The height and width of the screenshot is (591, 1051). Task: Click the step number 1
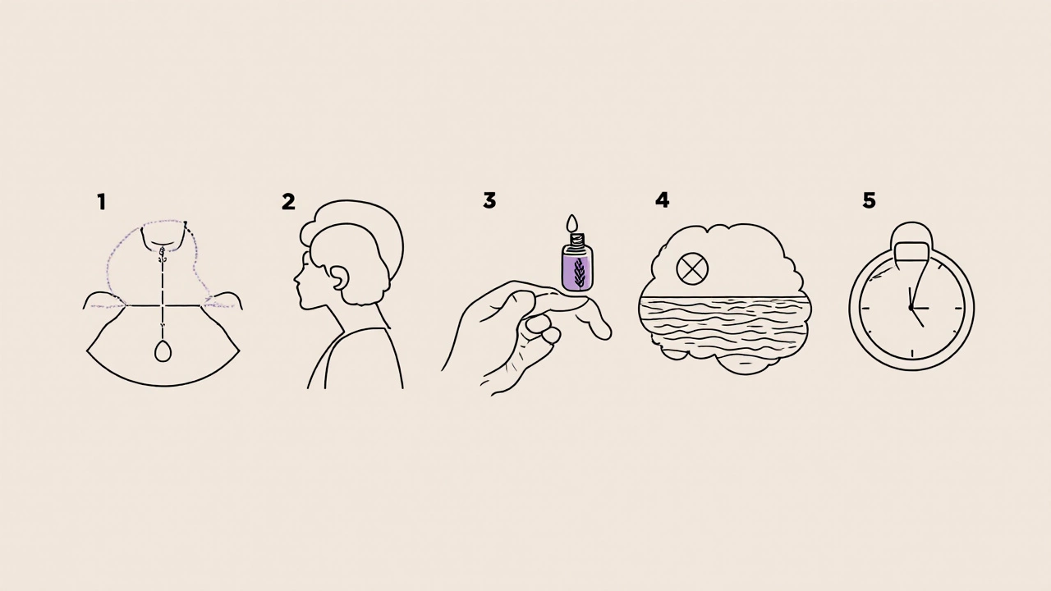point(101,202)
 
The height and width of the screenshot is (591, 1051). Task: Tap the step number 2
point(288,202)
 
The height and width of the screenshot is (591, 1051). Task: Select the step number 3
point(489,200)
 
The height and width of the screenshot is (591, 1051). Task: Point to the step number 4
point(662,200)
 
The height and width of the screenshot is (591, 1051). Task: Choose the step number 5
point(869,200)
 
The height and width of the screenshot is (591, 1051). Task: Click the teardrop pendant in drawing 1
point(163,351)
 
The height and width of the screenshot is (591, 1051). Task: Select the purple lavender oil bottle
point(577,262)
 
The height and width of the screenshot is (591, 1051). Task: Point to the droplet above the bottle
point(572,222)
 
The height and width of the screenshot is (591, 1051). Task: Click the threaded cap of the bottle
point(576,240)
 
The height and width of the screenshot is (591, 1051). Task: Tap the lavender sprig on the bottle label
point(579,272)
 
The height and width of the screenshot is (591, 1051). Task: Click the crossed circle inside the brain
point(692,268)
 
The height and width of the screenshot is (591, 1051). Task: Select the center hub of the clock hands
point(911,308)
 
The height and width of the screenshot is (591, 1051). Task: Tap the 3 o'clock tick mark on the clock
point(958,309)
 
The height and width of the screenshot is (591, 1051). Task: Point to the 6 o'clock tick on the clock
point(911,354)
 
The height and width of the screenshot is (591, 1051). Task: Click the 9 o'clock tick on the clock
point(865,308)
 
